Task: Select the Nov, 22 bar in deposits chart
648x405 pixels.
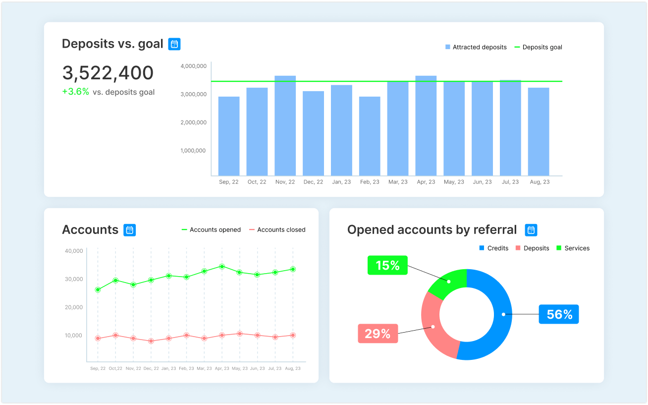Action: [285, 126]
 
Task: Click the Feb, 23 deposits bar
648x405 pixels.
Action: [370, 136]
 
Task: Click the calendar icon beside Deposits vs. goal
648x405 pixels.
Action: [174, 44]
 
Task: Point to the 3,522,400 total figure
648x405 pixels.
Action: [108, 73]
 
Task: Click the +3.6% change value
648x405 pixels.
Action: [75, 92]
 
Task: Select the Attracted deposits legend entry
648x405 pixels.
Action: [476, 47]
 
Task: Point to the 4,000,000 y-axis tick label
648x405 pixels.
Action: [193, 66]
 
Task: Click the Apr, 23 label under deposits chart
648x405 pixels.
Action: [426, 182]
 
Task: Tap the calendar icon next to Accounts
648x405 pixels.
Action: [129, 230]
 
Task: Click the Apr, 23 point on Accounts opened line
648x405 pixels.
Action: [222, 266]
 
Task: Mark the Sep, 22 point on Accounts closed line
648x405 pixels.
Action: [98, 338]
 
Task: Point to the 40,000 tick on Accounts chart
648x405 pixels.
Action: [74, 251]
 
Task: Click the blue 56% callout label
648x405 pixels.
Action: [559, 314]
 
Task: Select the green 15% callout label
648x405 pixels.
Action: [387, 266]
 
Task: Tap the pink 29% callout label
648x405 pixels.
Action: [378, 334]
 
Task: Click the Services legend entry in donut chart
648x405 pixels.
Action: [573, 248]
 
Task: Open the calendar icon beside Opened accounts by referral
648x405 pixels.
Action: [531, 230]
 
